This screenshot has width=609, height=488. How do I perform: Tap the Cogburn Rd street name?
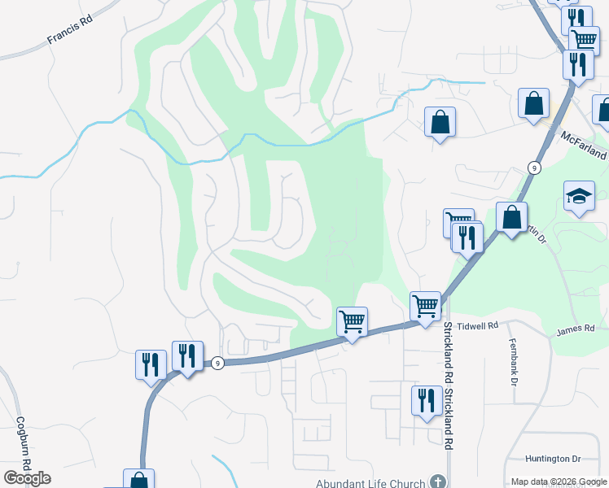click(x=23, y=444)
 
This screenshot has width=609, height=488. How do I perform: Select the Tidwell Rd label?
click(x=477, y=325)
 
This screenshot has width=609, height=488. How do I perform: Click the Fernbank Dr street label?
click(x=513, y=361)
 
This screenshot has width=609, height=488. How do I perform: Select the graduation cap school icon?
click(x=579, y=197)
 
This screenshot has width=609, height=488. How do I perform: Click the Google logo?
click(x=27, y=478)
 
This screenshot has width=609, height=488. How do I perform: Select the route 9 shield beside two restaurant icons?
click(x=217, y=363)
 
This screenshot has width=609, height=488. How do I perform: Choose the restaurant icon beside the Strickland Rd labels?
click(x=427, y=401)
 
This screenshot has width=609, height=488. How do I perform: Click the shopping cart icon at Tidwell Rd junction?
click(x=425, y=307)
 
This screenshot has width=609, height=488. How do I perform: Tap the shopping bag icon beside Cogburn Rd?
click(x=138, y=480)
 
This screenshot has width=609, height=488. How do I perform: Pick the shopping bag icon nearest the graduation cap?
click(x=511, y=218)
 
